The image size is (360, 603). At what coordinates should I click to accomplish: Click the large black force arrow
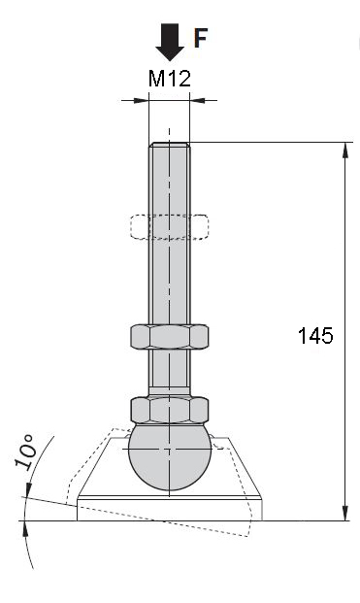(170, 42)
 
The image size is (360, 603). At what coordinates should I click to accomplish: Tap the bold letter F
(200, 38)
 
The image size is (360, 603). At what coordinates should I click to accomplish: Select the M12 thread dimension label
(170, 79)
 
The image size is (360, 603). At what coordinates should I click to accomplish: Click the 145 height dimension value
(315, 336)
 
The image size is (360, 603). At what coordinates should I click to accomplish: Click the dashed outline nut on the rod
(170, 227)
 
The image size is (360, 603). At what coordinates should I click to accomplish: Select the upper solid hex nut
(170, 337)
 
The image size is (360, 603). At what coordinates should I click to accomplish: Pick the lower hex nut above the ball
(170, 410)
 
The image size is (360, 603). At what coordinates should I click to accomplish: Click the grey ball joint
(170, 457)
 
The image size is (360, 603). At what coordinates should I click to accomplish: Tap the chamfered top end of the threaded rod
(170, 145)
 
